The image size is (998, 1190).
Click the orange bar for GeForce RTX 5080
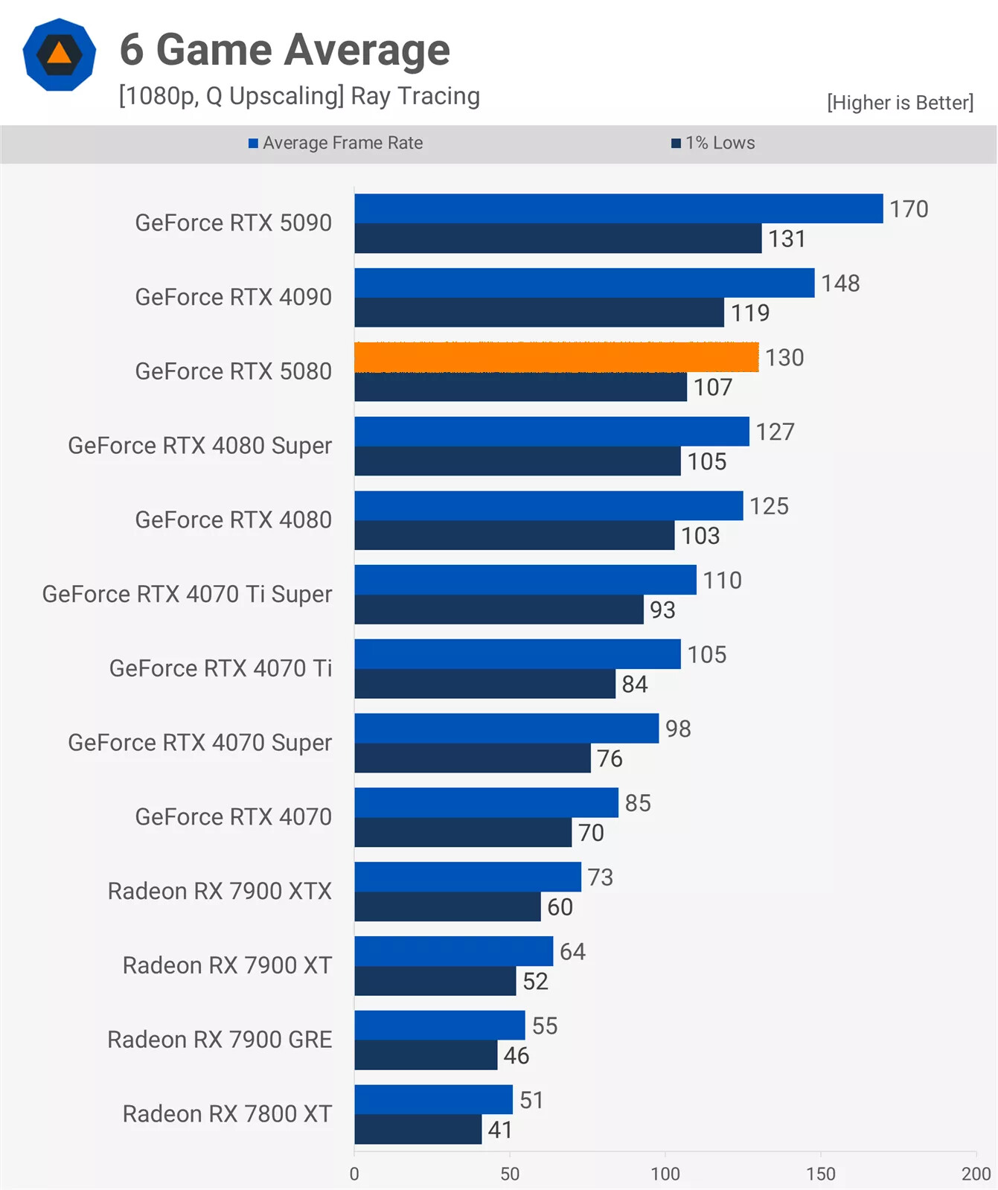point(556,357)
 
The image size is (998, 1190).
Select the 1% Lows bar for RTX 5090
point(557,239)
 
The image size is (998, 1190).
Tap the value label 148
point(840,284)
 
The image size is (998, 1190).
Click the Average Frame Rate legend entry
point(336,143)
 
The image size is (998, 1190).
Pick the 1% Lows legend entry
point(713,143)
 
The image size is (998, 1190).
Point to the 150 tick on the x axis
point(820,1174)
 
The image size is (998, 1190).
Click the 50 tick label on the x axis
point(510,1174)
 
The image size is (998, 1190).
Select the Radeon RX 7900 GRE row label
point(220,1040)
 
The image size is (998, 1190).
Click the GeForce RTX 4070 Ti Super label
point(187,594)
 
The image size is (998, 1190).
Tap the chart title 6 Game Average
point(285,50)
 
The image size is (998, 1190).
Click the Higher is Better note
point(900,103)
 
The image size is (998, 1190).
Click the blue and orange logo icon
point(60,55)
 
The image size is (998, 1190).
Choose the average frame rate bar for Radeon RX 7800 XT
point(433,1099)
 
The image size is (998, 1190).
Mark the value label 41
point(499,1130)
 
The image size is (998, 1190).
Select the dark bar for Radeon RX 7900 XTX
point(447,906)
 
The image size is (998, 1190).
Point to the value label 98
point(678,729)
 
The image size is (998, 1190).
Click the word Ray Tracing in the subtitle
point(415,96)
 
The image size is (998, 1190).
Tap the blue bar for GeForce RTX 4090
point(584,284)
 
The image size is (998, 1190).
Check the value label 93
point(662,610)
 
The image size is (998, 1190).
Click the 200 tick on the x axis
point(975,1174)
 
